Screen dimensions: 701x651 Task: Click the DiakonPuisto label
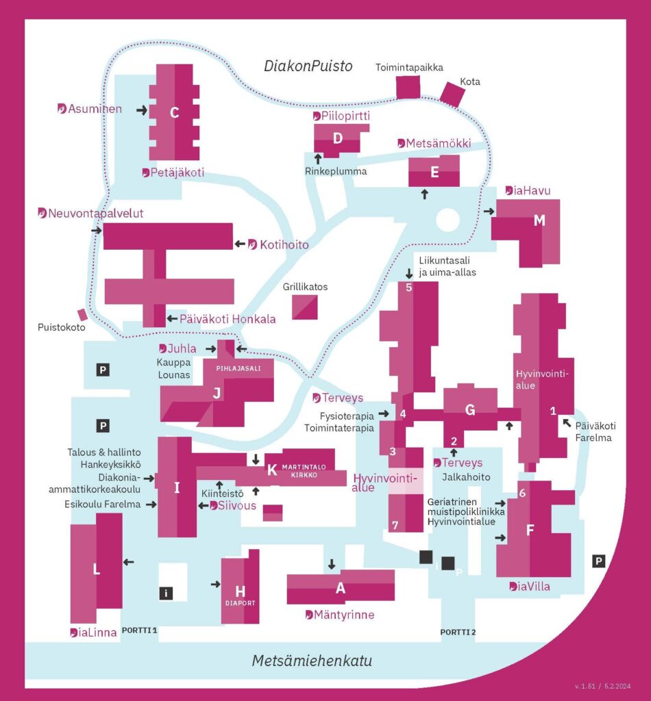(308, 66)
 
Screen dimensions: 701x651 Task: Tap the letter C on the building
(174, 113)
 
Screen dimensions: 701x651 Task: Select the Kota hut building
(452, 94)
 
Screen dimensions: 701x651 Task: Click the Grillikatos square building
(305, 305)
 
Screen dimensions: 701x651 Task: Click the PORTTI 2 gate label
(458, 631)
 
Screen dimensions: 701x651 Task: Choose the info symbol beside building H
(166, 594)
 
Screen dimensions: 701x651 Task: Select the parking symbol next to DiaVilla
(598, 561)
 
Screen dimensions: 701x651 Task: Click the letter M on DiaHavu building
(539, 220)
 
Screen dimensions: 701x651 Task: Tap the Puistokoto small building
(82, 314)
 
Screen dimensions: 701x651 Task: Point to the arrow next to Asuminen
(142, 110)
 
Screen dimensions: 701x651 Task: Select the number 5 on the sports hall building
(409, 288)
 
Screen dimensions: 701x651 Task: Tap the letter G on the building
(470, 410)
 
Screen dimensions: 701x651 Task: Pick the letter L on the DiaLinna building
(97, 570)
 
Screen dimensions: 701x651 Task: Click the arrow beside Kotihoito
(239, 244)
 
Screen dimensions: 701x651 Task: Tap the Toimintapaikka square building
(408, 87)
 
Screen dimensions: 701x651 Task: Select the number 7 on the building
(394, 526)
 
